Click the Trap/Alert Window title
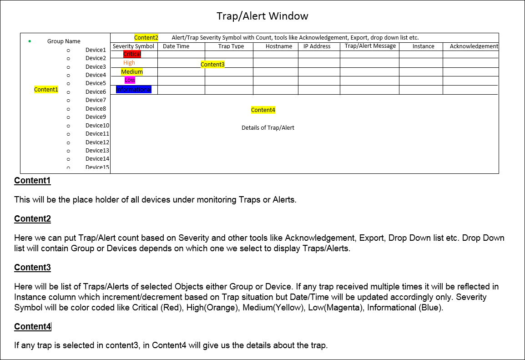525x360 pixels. point(262,16)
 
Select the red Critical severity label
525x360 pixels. point(132,54)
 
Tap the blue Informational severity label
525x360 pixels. point(133,90)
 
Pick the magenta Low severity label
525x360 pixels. point(130,80)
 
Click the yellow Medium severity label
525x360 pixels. point(132,71)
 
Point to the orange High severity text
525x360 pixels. point(129,63)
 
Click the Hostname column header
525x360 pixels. point(279,46)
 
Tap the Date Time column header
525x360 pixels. point(176,46)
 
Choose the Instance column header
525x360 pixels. point(423,46)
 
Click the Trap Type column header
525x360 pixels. point(231,46)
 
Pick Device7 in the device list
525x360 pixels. point(96,100)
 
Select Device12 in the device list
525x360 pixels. point(97,142)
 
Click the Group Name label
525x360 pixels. point(64,41)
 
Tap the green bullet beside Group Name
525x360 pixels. point(30,41)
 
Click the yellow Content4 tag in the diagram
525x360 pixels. point(263,110)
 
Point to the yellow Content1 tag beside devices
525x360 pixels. point(46,90)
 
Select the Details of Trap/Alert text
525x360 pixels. point(268,128)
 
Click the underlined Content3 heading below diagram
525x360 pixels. point(32,268)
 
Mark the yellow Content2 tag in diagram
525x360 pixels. point(146,38)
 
